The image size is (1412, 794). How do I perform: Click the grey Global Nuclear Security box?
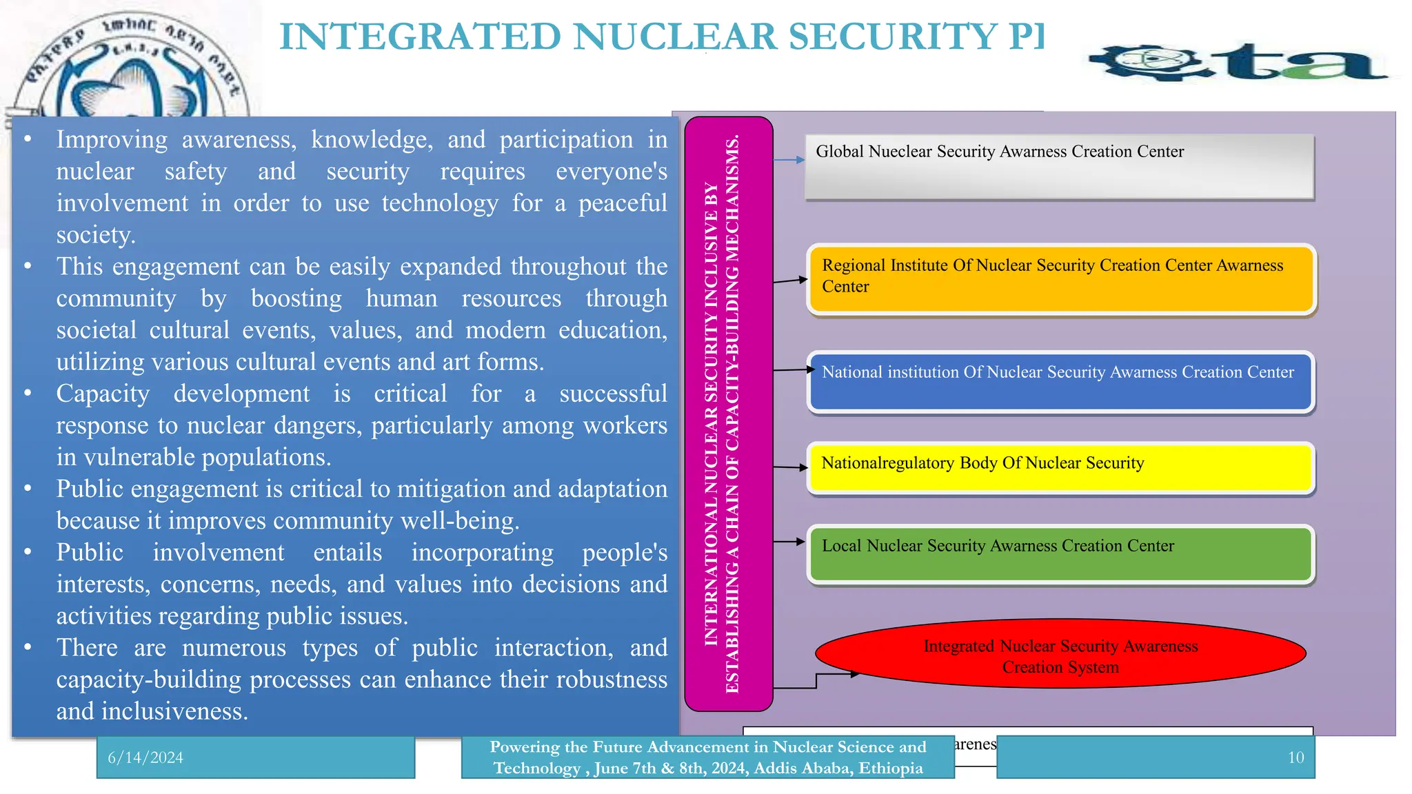coord(1059,167)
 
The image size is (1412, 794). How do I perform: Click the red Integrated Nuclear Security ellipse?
coord(1060,653)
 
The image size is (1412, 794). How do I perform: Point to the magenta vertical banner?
coord(728,414)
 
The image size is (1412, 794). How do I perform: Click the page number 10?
coord(1295,757)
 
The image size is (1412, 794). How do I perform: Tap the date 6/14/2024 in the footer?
coord(145,757)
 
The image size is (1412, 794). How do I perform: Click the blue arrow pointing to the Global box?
coord(789,160)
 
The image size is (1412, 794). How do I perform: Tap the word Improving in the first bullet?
coord(112,139)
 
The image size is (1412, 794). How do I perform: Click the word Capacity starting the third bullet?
coord(103,394)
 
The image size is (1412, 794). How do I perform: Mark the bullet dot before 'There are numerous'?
coord(28,647)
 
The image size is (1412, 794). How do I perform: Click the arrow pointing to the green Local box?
coord(789,542)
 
